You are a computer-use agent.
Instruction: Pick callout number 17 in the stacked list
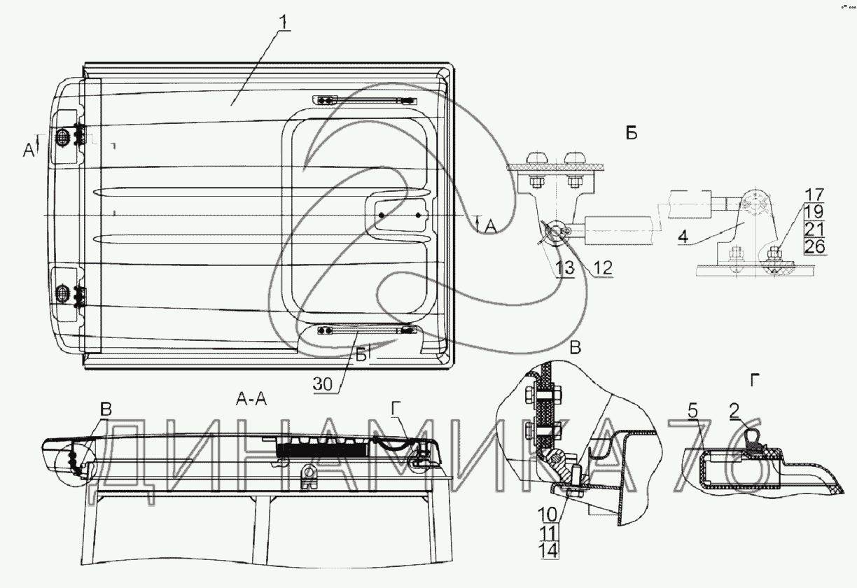pos(815,195)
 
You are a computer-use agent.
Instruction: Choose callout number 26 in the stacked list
pos(815,246)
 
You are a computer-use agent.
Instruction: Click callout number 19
pos(815,212)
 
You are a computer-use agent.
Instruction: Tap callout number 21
pos(815,229)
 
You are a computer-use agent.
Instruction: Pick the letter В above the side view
pos(106,411)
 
